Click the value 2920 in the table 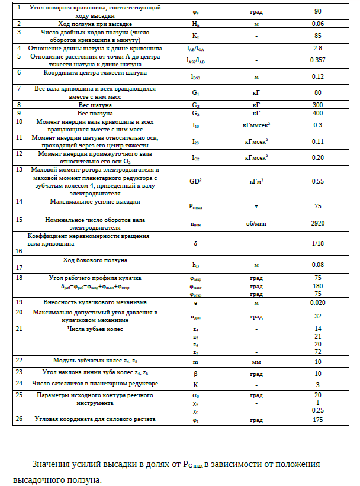pyautogui.click(x=317, y=224)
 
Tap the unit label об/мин pyautogui.click(x=256, y=224)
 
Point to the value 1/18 pyautogui.click(x=317, y=243)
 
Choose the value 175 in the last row pyautogui.click(x=317, y=420)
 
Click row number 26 pyautogui.click(x=19, y=419)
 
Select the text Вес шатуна pyautogui.click(x=95, y=104)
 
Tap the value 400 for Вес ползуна pyautogui.click(x=317, y=112)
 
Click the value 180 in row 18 pyautogui.click(x=317, y=285)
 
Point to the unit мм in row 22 pyautogui.click(x=256, y=362)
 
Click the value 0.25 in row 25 pyautogui.click(x=317, y=410)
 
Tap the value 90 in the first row pyautogui.click(x=317, y=12)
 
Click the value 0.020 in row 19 pyautogui.click(x=317, y=302)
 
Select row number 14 pyautogui.click(x=19, y=201)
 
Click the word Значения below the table pyautogui.click(x=52, y=464)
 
